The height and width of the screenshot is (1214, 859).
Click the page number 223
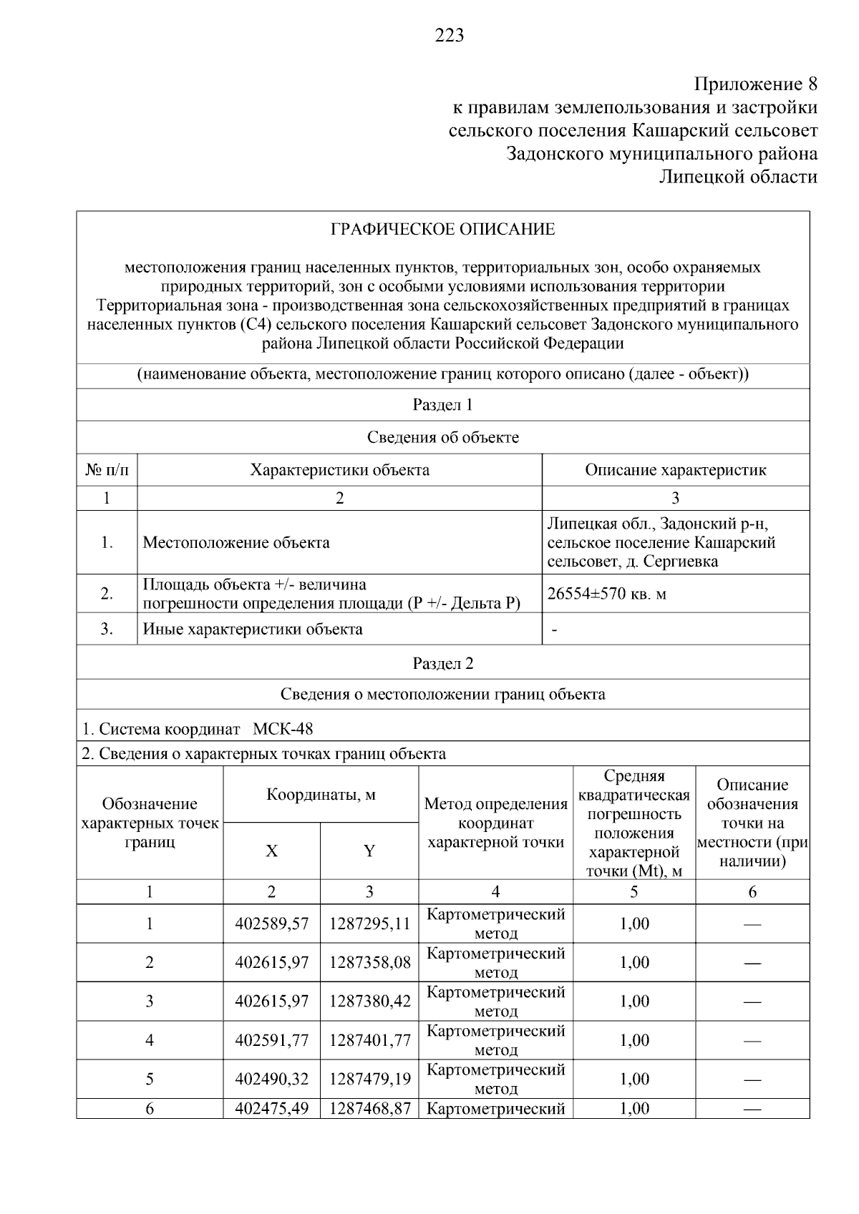[x=450, y=35]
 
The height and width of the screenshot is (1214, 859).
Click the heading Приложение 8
[x=756, y=84]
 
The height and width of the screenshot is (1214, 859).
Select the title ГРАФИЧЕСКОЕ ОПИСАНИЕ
[x=442, y=230]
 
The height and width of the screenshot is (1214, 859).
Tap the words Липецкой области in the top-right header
[x=738, y=177]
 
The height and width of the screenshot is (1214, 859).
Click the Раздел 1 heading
[x=442, y=405]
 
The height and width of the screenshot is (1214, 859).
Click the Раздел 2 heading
[x=442, y=663]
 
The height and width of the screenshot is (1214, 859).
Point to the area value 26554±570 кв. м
[x=607, y=594]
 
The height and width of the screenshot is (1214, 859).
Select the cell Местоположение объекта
[x=236, y=542]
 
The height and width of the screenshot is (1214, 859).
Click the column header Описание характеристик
[x=675, y=470]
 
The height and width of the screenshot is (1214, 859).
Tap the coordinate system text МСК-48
[x=283, y=729]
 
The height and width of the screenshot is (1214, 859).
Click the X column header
[x=271, y=851]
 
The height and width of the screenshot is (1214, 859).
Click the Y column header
[x=369, y=851]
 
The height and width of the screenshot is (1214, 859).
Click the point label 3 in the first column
[x=150, y=1001]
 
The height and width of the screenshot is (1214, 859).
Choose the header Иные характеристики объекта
[x=253, y=630]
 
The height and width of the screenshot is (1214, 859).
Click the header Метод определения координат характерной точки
[x=495, y=823]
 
